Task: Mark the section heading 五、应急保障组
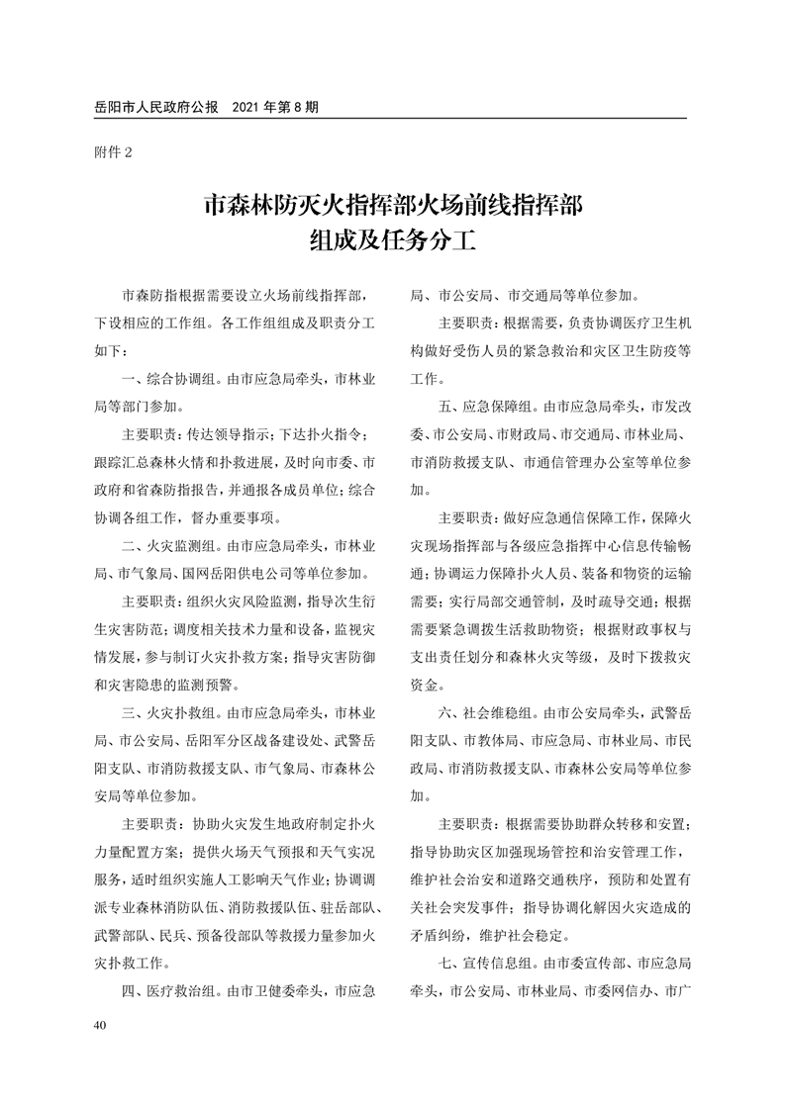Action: (485, 406)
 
